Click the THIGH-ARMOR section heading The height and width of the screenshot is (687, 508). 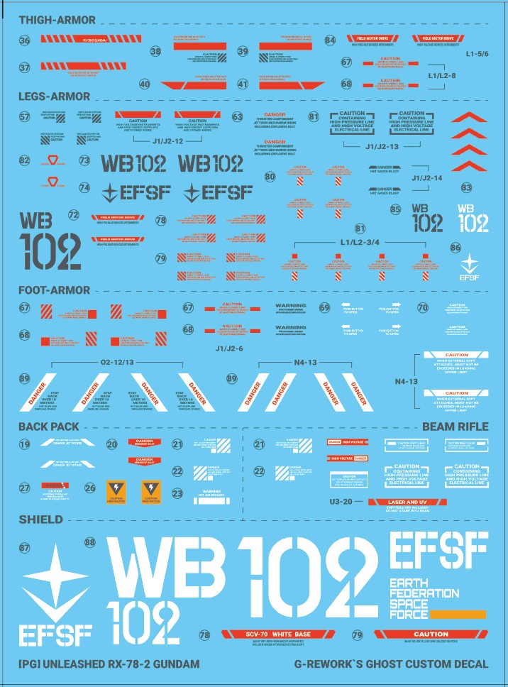tap(57, 20)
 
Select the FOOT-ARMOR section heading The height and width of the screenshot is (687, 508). tap(55, 290)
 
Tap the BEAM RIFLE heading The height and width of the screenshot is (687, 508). tap(455, 427)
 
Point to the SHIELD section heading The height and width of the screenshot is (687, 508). tap(40, 520)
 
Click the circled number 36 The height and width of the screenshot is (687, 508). tap(25, 42)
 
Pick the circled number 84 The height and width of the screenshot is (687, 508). tap(331, 40)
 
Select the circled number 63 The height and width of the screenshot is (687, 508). tap(237, 117)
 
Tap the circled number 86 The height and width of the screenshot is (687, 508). tap(455, 248)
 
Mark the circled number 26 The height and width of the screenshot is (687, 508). tap(89, 488)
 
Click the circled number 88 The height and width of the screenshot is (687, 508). tap(89, 542)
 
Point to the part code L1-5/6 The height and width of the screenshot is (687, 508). tap(478, 53)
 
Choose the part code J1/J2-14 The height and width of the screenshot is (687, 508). tap(427, 177)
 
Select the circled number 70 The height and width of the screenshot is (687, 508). tap(423, 308)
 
